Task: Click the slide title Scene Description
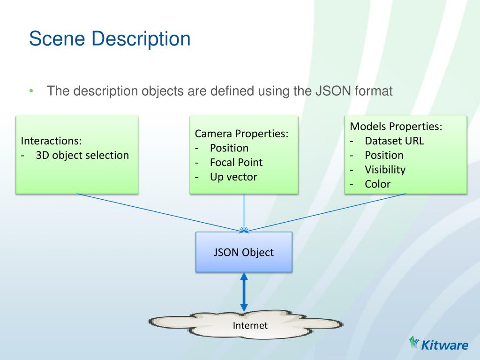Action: click(x=110, y=39)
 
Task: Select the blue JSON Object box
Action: click(x=244, y=252)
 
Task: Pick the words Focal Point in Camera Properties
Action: click(x=236, y=163)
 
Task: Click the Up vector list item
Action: click(x=233, y=177)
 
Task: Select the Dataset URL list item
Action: click(x=394, y=141)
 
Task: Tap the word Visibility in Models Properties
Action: click(x=385, y=170)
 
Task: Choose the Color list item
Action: click(x=377, y=184)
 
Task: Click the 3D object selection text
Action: click(x=82, y=155)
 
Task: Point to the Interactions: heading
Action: click(x=52, y=141)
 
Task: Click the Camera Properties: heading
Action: click(x=242, y=134)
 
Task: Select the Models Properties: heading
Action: click(x=396, y=127)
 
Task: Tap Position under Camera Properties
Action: click(x=229, y=148)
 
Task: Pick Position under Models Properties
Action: click(x=384, y=155)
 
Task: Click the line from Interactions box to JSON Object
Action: click(x=159, y=212)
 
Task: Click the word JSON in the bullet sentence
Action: click(x=324, y=91)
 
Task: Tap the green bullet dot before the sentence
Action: click(x=31, y=91)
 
